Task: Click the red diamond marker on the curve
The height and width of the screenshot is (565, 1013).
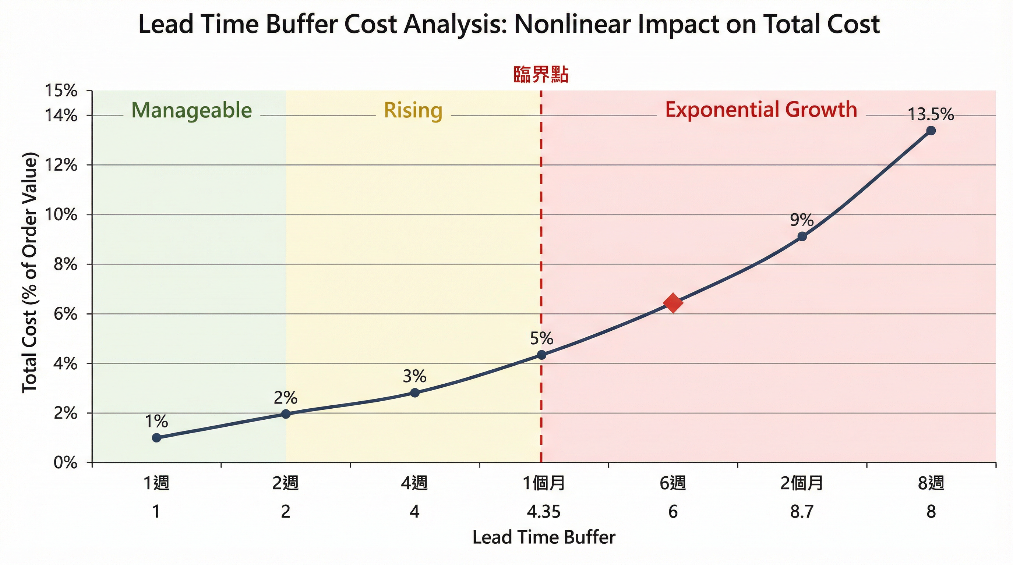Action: (x=673, y=302)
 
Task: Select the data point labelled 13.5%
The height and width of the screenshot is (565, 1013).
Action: (x=931, y=131)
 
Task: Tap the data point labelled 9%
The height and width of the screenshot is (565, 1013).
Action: (x=802, y=237)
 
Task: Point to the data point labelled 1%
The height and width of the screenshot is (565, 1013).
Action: (x=156, y=438)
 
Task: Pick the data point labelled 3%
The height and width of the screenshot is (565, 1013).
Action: (x=414, y=393)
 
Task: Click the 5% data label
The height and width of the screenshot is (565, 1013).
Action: (x=541, y=338)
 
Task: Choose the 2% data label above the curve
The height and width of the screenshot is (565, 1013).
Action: (x=286, y=398)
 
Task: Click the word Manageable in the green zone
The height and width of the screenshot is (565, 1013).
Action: (x=191, y=110)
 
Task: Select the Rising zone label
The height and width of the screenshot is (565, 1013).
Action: (x=413, y=110)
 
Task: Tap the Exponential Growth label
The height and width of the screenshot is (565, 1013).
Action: (x=761, y=110)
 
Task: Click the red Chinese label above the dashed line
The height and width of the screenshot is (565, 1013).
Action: (x=541, y=74)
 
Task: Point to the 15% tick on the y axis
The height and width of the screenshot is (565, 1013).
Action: (x=61, y=91)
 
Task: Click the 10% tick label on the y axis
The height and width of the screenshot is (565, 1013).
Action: (x=61, y=214)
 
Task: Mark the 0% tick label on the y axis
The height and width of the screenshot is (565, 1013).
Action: (x=65, y=463)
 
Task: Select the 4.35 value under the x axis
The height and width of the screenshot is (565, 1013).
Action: (x=543, y=512)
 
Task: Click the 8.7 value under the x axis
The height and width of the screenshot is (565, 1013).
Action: (x=802, y=512)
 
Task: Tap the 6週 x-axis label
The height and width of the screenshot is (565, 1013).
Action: (x=673, y=483)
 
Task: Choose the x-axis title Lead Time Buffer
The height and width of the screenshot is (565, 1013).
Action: (x=543, y=537)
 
